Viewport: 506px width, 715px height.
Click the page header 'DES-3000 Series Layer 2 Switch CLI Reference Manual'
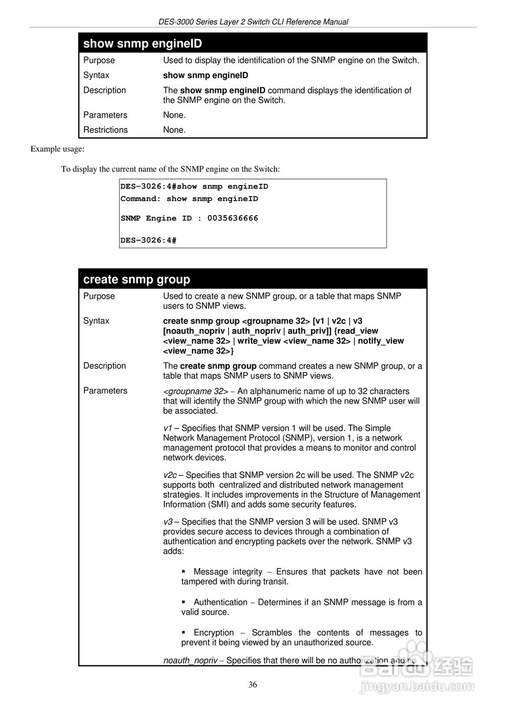point(253,22)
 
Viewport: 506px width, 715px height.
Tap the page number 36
point(253,685)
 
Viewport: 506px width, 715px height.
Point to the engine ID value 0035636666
point(233,218)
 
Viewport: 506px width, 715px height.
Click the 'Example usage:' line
point(58,149)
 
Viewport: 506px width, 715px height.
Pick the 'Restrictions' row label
point(106,130)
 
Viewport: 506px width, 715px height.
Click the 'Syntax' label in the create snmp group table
point(96,321)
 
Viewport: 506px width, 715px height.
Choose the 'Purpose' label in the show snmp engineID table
point(99,60)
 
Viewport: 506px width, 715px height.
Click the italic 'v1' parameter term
point(168,428)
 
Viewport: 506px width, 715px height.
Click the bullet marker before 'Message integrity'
point(184,571)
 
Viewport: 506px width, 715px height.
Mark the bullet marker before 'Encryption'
point(184,632)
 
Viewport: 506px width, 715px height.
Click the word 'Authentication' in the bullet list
point(220,602)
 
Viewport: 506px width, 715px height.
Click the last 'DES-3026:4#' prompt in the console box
point(149,240)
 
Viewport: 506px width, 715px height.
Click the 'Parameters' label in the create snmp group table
point(105,390)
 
